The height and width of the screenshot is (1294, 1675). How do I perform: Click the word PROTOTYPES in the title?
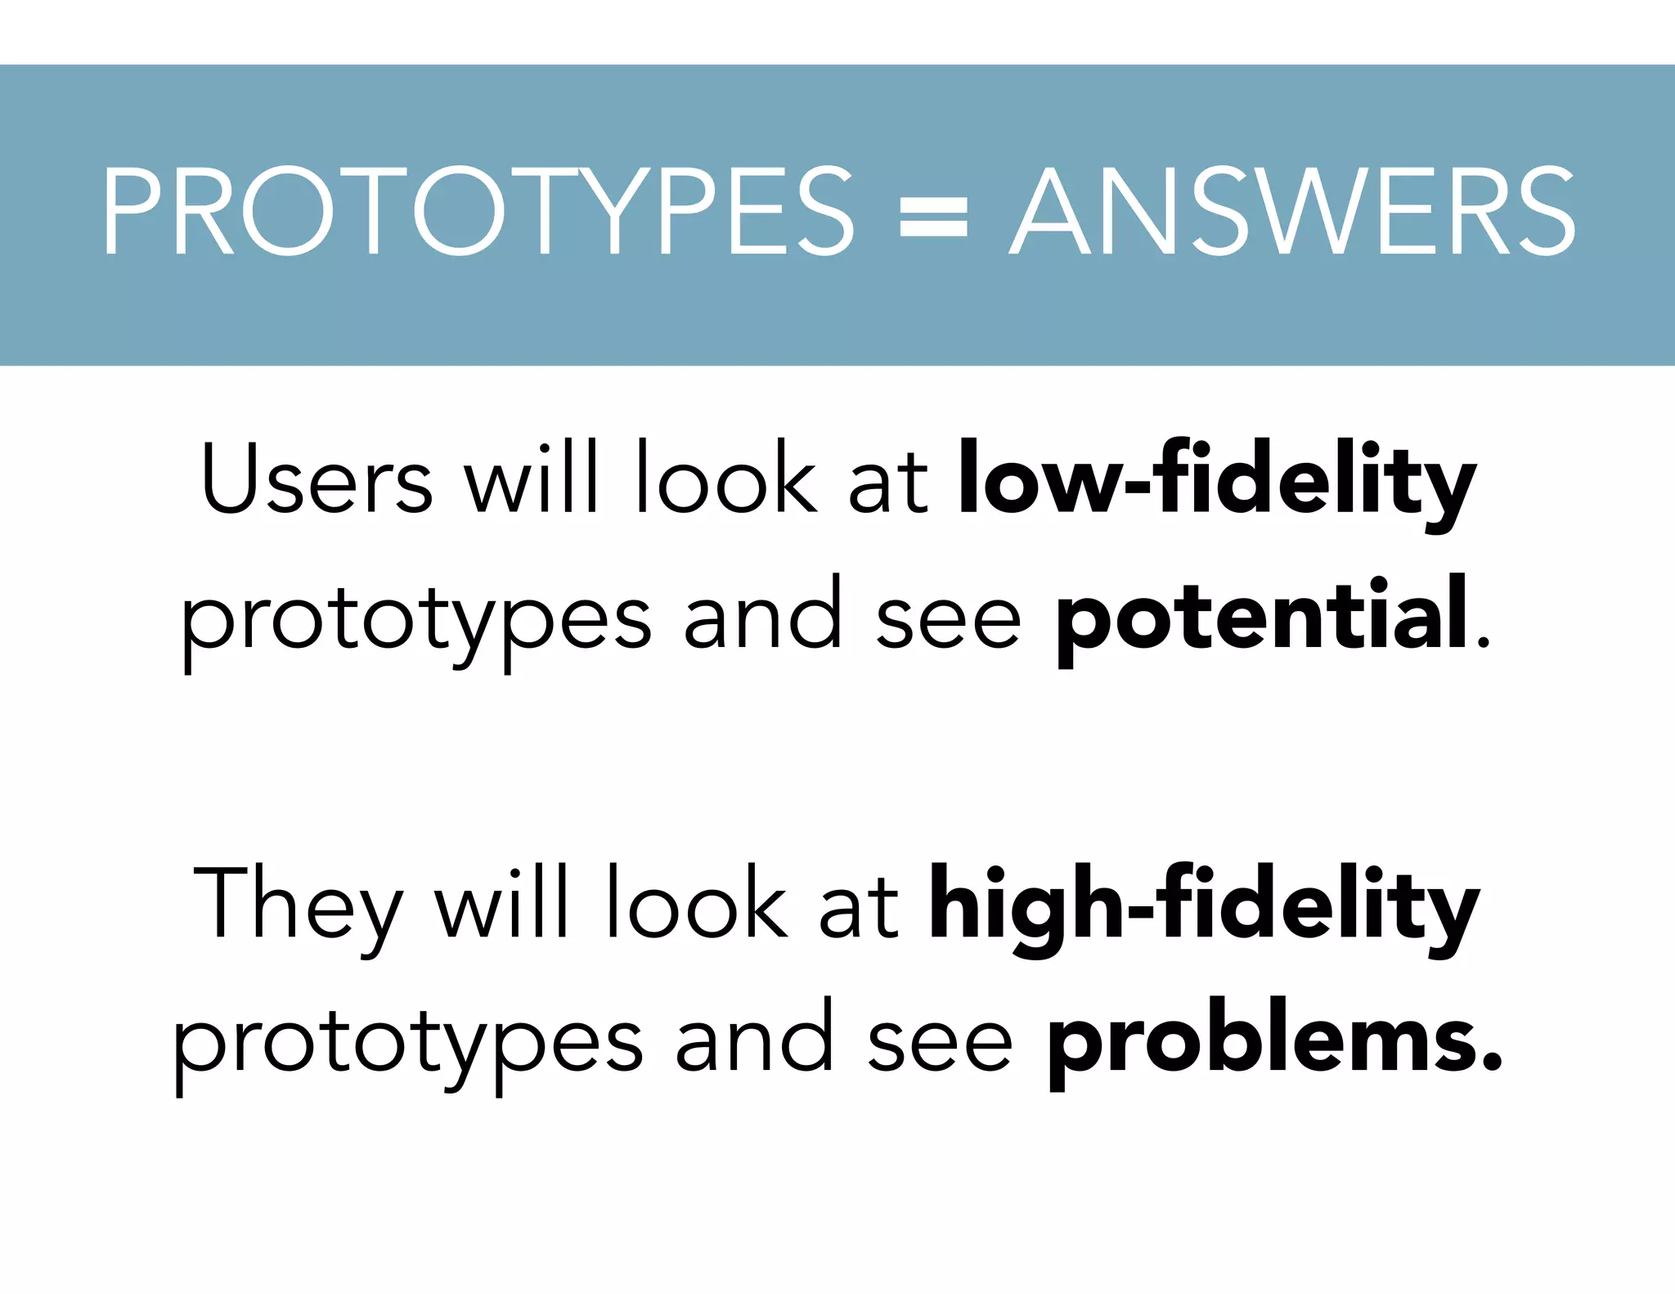coord(478,211)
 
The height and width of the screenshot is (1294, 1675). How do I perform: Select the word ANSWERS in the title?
coord(1292,211)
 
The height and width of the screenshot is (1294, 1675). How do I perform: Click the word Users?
coord(317,479)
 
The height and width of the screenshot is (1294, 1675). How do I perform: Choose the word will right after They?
coord(501,903)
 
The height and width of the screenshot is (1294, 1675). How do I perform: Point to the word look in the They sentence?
coord(696,903)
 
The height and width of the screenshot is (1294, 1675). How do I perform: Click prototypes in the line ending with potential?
coord(415,622)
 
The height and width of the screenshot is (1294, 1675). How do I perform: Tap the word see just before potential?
coord(949,622)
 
